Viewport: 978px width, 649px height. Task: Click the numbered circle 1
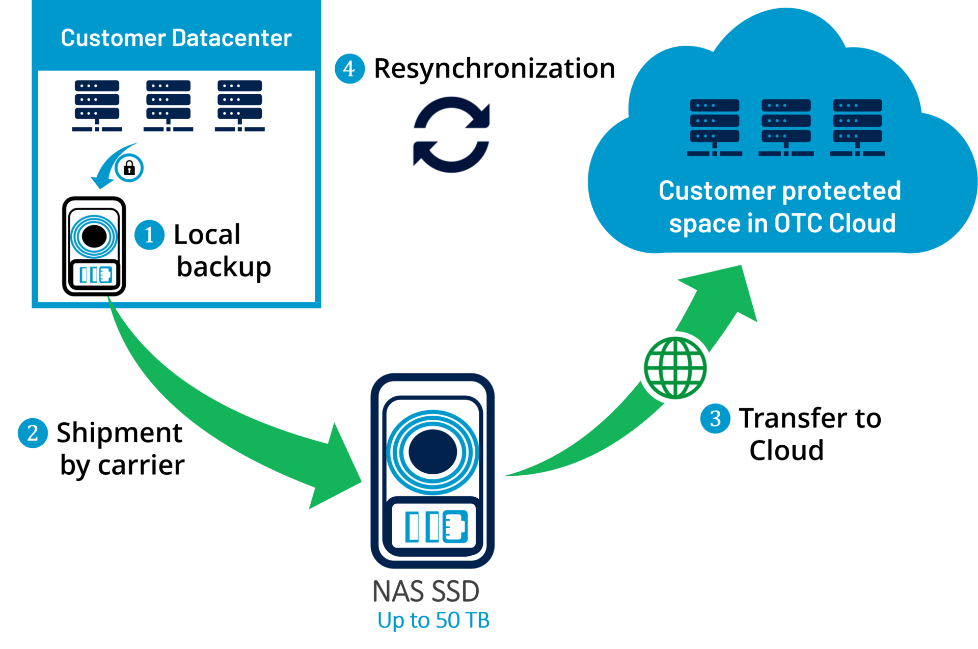149,235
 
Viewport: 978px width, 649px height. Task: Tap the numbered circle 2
33,433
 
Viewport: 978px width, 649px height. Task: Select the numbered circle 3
715,418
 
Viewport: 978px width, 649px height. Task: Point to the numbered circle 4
349,68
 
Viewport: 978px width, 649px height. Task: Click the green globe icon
675,368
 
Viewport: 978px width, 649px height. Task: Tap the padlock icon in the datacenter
129,168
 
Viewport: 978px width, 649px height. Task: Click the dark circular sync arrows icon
451,134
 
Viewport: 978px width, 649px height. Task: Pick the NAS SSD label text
426,591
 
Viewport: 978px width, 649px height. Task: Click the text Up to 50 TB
433,620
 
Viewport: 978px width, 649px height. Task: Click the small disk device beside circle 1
94,248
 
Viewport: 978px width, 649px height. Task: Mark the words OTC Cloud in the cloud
835,223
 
